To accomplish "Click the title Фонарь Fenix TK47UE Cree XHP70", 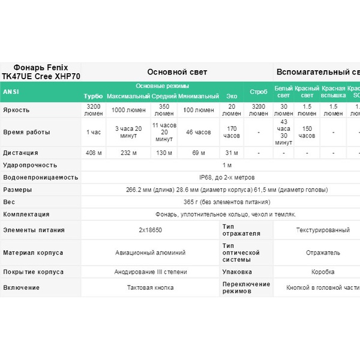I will (x=40, y=72).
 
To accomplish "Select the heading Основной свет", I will (x=177, y=72).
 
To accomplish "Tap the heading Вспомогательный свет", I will (x=317, y=72).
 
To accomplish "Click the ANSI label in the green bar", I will (x=11, y=92).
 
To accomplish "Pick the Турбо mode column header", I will (x=93, y=96).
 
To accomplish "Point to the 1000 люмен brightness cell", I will (x=129, y=110).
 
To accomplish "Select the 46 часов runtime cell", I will (x=198, y=132).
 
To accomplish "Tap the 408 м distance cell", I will (x=94, y=153).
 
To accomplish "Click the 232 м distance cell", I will (x=129, y=153).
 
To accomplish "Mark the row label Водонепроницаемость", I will (x=40, y=178).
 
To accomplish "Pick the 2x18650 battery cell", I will (x=150, y=230).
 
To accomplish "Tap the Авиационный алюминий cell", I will (x=150, y=253).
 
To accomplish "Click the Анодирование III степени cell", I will (x=150, y=272).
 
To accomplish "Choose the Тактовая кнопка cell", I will (x=150, y=287).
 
